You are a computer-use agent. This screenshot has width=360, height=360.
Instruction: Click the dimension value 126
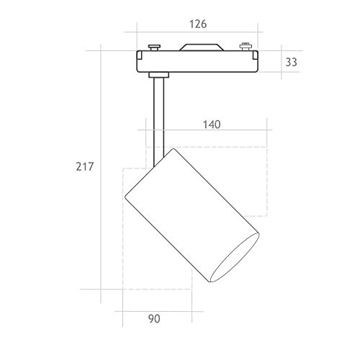(x=198, y=24)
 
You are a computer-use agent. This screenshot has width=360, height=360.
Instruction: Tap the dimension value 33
(x=291, y=62)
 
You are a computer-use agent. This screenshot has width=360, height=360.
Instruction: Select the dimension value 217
(x=84, y=166)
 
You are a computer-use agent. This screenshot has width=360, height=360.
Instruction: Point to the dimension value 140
(x=212, y=125)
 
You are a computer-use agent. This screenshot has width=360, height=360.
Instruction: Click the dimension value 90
(x=154, y=319)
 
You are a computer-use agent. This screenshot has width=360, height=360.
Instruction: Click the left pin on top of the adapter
(x=154, y=47)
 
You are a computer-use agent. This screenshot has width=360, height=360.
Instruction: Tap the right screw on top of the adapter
(x=245, y=46)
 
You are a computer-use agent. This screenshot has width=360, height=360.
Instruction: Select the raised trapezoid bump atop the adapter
(x=202, y=48)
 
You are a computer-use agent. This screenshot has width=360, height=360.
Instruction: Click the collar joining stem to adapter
(x=158, y=75)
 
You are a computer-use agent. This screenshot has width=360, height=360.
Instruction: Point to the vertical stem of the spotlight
(x=159, y=120)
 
